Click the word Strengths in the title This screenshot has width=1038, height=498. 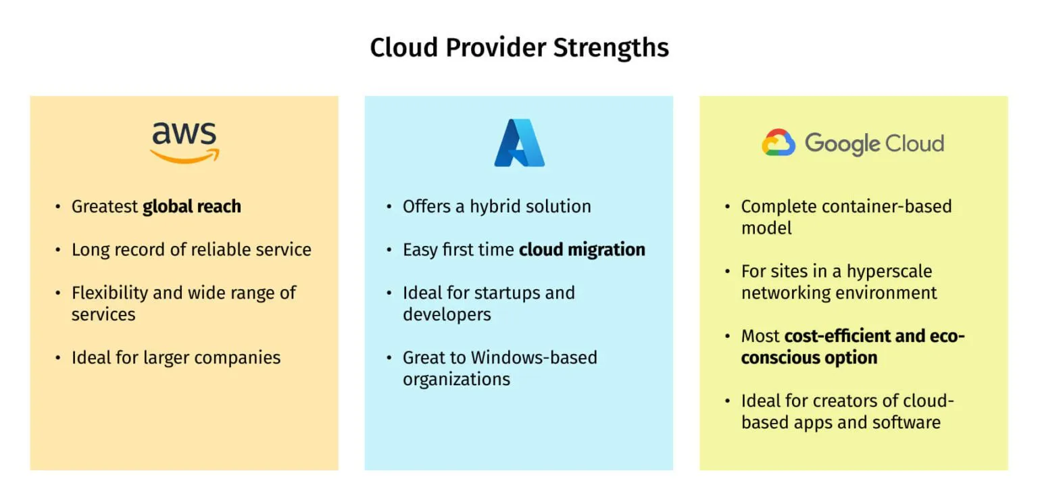click(x=610, y=48)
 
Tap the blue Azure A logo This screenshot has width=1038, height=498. click(x=519, y=143)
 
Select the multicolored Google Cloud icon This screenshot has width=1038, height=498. click(x=778, y=143)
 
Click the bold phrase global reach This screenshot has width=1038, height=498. click(x=192, y=207)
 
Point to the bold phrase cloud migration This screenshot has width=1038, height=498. click(x=582, y=250)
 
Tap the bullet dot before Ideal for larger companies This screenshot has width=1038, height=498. click(x=57, y=358)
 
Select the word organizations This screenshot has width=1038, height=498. click(x=456, y=379)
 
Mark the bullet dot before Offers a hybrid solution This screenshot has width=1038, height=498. click(x=389, y=207)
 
